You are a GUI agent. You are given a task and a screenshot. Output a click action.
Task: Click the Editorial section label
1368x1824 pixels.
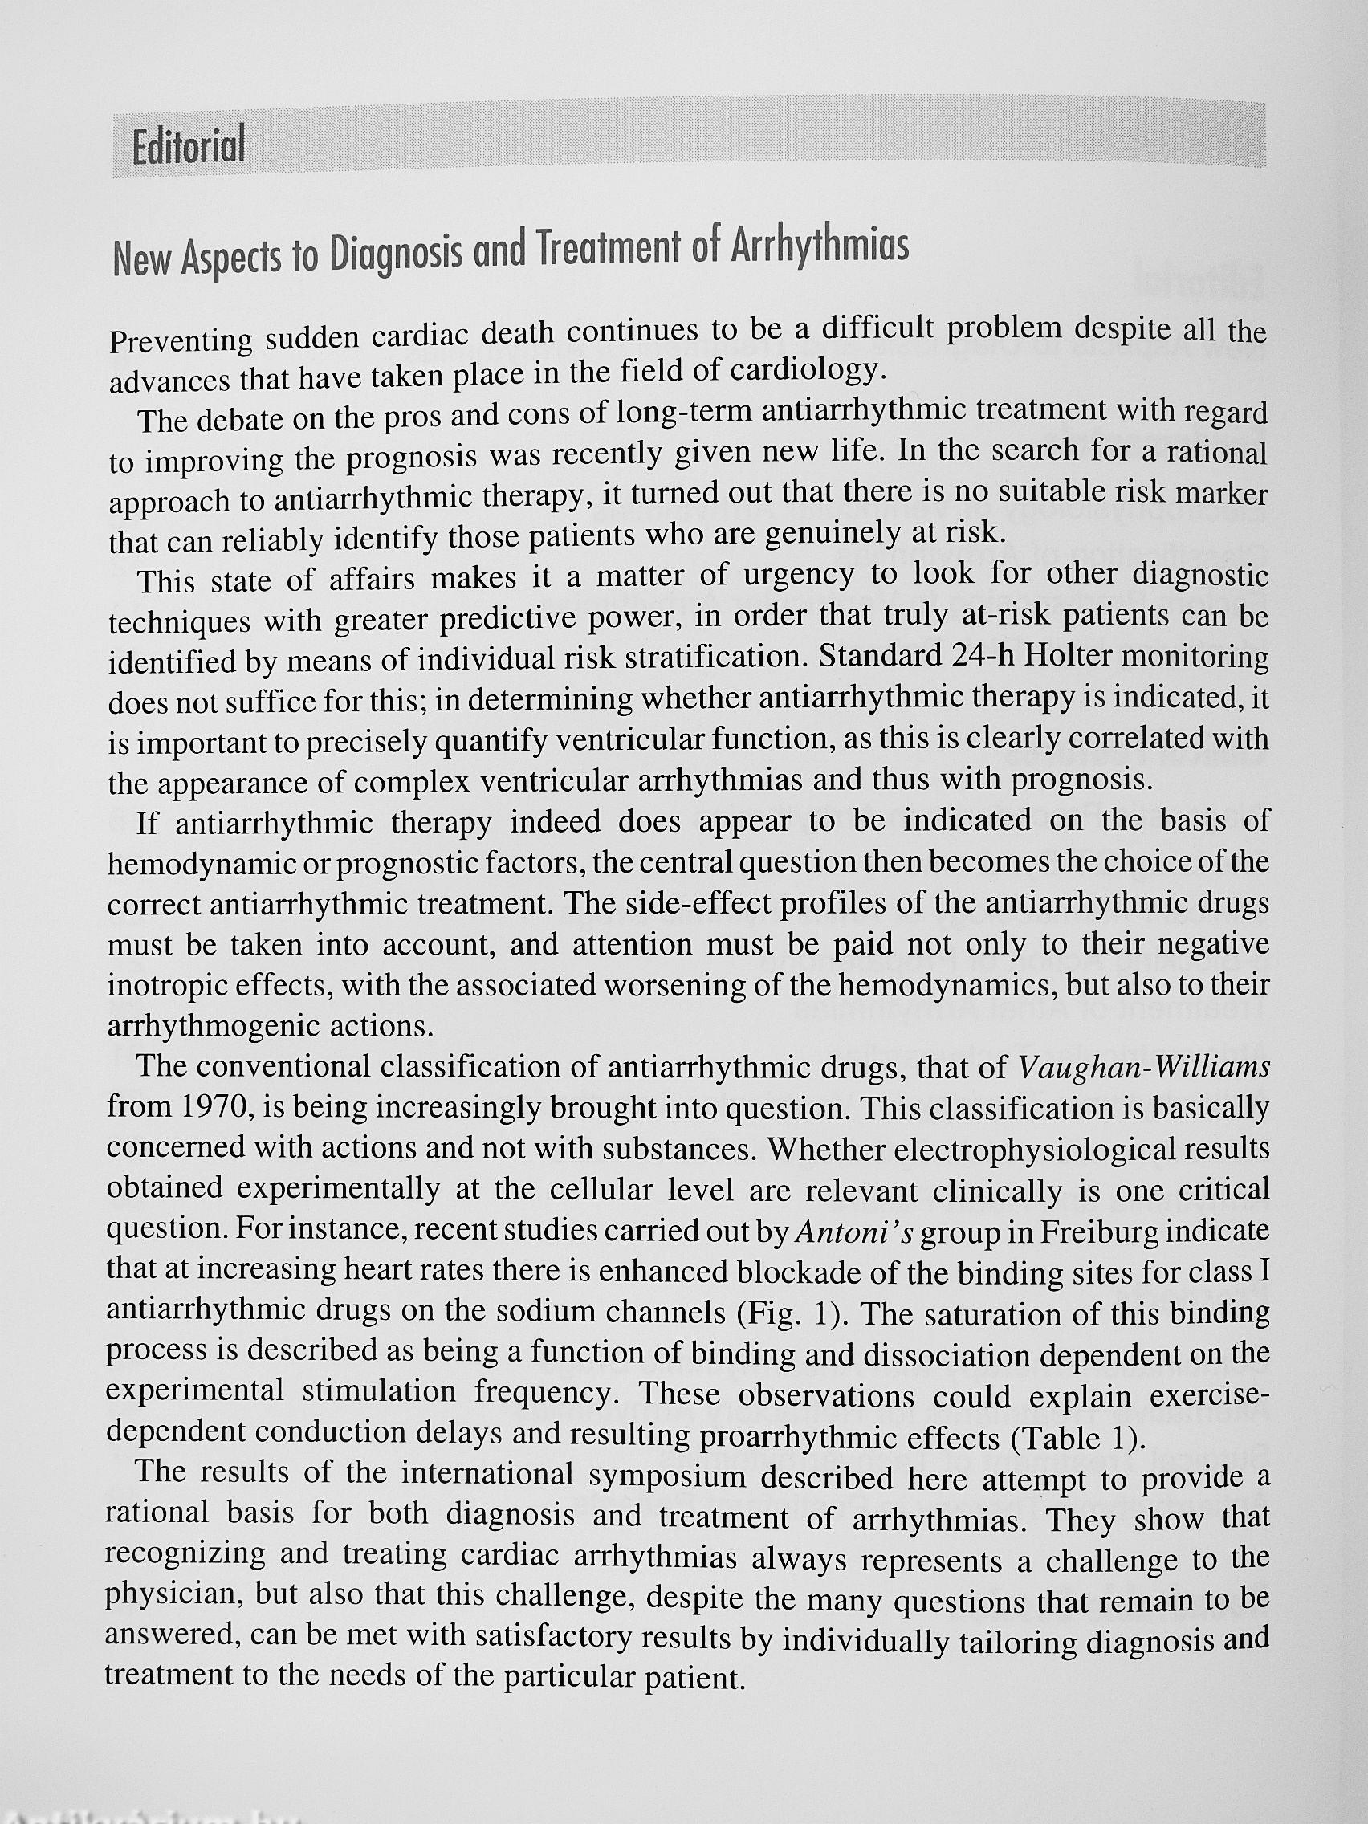188,146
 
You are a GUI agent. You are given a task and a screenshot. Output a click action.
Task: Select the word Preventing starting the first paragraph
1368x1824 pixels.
181,340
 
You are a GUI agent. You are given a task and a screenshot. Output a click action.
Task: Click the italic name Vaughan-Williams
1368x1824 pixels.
1144,1068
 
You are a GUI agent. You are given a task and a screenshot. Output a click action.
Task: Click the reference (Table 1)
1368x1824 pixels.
1077,1437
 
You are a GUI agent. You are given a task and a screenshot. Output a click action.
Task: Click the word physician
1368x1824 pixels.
172,1594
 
